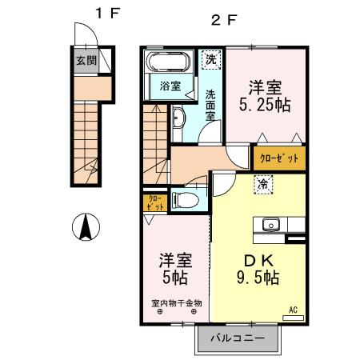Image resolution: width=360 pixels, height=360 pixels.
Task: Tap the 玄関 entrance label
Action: pos(86,60)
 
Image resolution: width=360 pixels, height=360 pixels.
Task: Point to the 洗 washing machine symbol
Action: pos(210,58)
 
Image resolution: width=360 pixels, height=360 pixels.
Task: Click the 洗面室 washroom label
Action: pos(210,104)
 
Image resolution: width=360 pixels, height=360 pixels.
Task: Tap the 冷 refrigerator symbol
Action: pos(262,184)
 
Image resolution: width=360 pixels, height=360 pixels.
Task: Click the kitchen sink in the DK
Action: pos(270,225)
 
